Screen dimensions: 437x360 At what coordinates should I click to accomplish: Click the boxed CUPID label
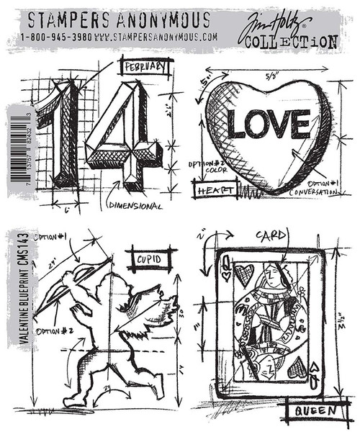pyautogui.click(x=150, y=257)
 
